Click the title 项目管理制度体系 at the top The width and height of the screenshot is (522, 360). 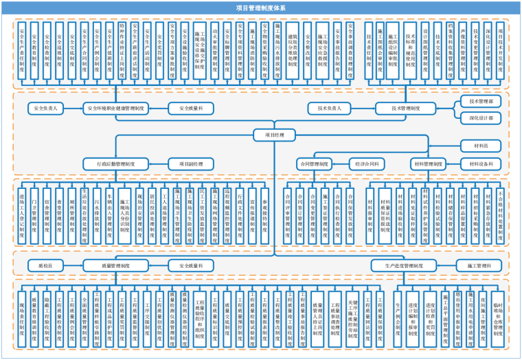click(x=260, y=8)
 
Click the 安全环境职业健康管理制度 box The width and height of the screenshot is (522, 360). click(x=115, y=108)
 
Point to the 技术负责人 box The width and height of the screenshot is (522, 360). click(x=334, y=108)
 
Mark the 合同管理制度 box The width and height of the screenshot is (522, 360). click(x=314, y=164)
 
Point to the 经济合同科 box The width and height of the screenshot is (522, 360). click(x=367, y=164)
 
